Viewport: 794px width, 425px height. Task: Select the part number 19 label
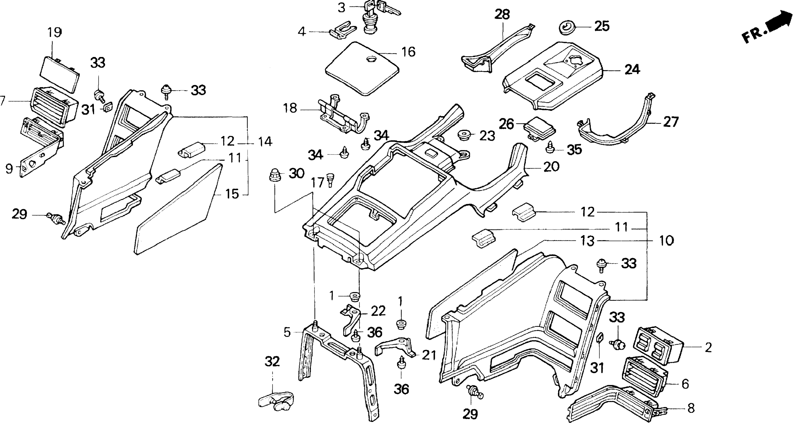(55, 33)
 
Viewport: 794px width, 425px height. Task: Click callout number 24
(632, 70)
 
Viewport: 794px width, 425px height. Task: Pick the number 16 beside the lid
(408, 52)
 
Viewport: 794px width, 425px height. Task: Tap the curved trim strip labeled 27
(620, 130)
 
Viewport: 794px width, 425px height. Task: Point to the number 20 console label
(551, 167)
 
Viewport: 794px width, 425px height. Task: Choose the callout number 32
(272, 361)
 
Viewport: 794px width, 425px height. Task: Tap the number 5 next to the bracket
(287, 332)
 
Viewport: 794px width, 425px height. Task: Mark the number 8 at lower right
(691, 408)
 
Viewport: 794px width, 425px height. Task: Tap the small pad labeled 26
(540, 127)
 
